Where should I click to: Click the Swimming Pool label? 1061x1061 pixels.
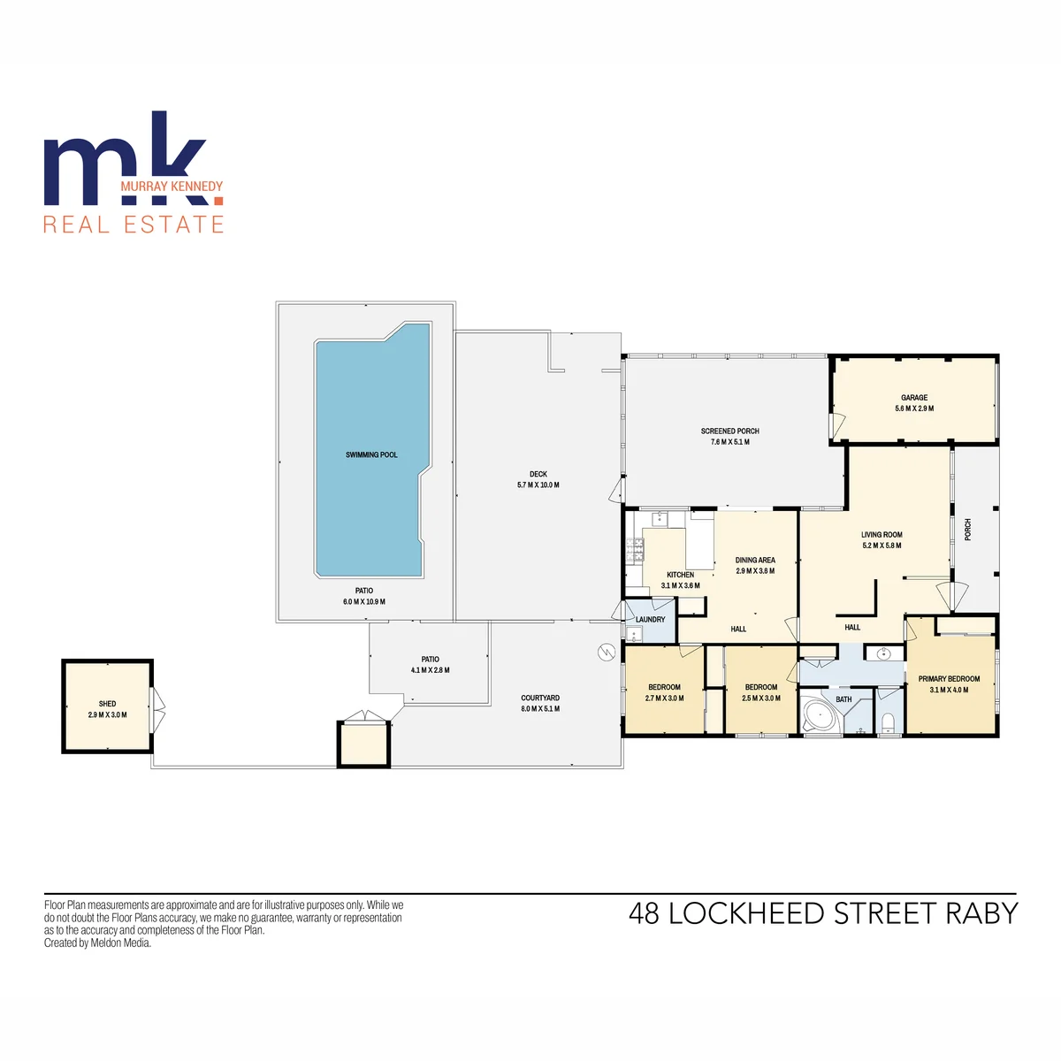(x=371, y=454)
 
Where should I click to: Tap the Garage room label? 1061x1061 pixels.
(x=914, y=398)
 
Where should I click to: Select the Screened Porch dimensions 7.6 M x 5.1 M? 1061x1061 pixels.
(x=729, y=442)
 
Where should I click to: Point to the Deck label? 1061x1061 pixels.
(x=538, y=474)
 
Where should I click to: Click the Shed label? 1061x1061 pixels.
(x=107, y=704)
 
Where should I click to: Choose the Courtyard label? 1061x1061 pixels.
(x=540, y=698)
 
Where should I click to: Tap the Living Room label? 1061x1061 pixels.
(x=882, y=535)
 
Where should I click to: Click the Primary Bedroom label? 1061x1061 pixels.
(x=949, y=679)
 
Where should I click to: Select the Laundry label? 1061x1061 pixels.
(x=650, y=620)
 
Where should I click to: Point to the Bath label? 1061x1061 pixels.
(x=843, y=699)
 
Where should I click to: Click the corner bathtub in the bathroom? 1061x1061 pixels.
(x=816, y=715)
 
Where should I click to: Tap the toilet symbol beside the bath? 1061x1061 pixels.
(x=887, y=721)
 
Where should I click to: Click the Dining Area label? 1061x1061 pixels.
(x=755, y=560)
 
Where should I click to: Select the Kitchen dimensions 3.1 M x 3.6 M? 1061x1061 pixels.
(x=680, y=586)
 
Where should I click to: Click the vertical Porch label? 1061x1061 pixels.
(x=968, y=530)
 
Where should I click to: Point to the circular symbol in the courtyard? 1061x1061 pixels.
(x=607, y=653)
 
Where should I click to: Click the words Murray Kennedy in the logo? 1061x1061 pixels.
(x=172, y=187)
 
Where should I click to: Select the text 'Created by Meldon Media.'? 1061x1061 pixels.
(x=97, y=943)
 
